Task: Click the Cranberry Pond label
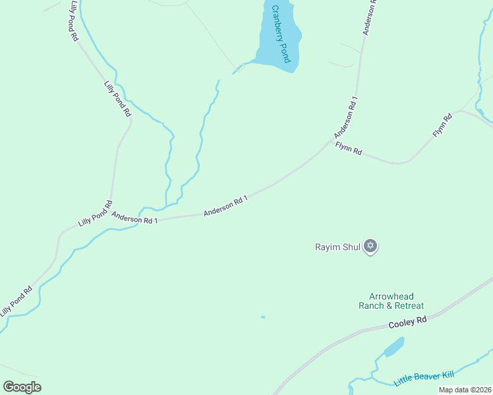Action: (281, 34)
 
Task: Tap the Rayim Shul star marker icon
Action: (370, 247)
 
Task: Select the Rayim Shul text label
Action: (337, 248)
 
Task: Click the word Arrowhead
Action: (391, 297)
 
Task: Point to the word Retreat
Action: (409, 306)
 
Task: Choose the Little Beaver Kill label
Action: (424, 379)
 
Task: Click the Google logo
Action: (22, 386)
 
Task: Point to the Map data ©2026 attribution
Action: (465, 390)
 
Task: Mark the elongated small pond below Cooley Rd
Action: (393, 346)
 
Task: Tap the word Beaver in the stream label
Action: (428, 377)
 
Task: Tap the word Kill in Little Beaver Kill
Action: (449, 374)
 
